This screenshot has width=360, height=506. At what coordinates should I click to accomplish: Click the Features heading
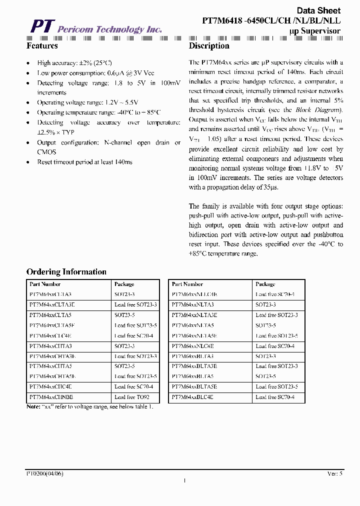click(x=42, y=46)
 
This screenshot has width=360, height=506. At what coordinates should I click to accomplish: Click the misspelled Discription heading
click(x=209, y=46)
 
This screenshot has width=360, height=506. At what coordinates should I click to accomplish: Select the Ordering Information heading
click(x=66, y=272)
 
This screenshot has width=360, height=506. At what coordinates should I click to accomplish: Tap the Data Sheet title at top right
click(x=318, y=10)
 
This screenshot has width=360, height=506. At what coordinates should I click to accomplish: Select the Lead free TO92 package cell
click(x=132, y=397)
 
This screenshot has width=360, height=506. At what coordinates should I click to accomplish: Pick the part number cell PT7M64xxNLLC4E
click(x=194, y=294)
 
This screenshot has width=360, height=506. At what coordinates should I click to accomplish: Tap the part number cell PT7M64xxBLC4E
click(x=192, y=397)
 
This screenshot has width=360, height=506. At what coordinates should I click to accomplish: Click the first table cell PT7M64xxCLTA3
click(x=50, y=294)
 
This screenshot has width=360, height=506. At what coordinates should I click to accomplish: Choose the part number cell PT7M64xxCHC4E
click(x=50, y=386)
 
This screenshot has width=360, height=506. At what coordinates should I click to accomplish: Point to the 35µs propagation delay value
click(x=269, y=187)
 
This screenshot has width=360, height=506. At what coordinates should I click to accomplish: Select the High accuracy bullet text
click(x=74, y=63)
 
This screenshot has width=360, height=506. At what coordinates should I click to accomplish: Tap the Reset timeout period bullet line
click(x=84, y=162)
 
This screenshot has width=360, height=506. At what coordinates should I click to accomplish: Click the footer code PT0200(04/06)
click(x=45, y=473)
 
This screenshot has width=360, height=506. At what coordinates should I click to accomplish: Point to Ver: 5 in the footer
click(x=334, y=473)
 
